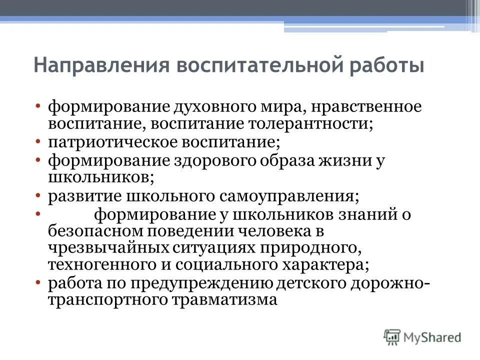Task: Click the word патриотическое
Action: (100, 142)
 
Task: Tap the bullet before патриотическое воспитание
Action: (39, 142)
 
